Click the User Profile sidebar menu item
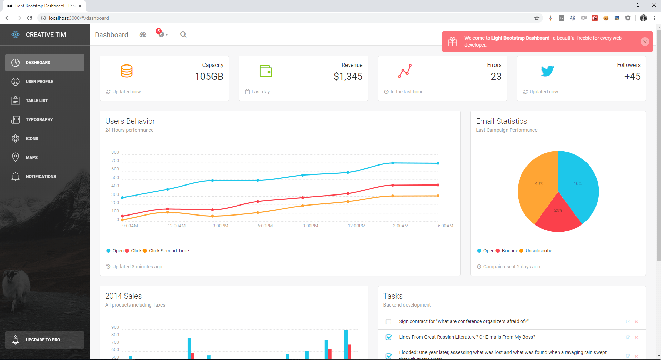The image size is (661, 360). point(39,82)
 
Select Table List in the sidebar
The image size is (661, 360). point(37,101)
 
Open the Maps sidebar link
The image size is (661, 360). point(31,158)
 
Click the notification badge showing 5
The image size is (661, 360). point(159,31)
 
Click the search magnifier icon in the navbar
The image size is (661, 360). point(183,34)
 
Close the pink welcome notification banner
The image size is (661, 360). point(644,42)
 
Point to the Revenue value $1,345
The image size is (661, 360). point(348,76)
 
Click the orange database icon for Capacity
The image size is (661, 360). point(127,71)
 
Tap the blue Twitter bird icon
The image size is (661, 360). point(547,71)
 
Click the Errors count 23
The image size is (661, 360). point(496,76)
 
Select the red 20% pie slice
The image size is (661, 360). point(558,216)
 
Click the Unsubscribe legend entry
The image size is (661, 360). point(539,251)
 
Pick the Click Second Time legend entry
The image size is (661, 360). point(169,251)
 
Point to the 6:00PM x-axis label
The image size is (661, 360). point(265,226)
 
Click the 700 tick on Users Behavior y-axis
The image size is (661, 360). point(115,161)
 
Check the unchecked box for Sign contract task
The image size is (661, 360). point(389,322)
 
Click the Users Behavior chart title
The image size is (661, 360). point(130,121)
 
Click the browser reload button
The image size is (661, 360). point(30,18)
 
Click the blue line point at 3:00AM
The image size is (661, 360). point(393,163)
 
